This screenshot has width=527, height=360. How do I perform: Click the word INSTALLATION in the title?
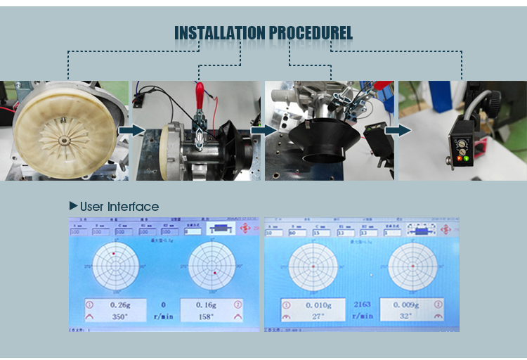pos(218,33)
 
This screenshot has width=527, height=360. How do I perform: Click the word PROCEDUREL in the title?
pos(309,33)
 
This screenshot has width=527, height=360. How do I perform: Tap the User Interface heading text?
pos(119,207)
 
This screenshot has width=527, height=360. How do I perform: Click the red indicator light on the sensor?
pos(460,157)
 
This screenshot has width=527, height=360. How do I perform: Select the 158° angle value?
pos(205,316)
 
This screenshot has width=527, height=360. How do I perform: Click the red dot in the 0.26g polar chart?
pos(112,253)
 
